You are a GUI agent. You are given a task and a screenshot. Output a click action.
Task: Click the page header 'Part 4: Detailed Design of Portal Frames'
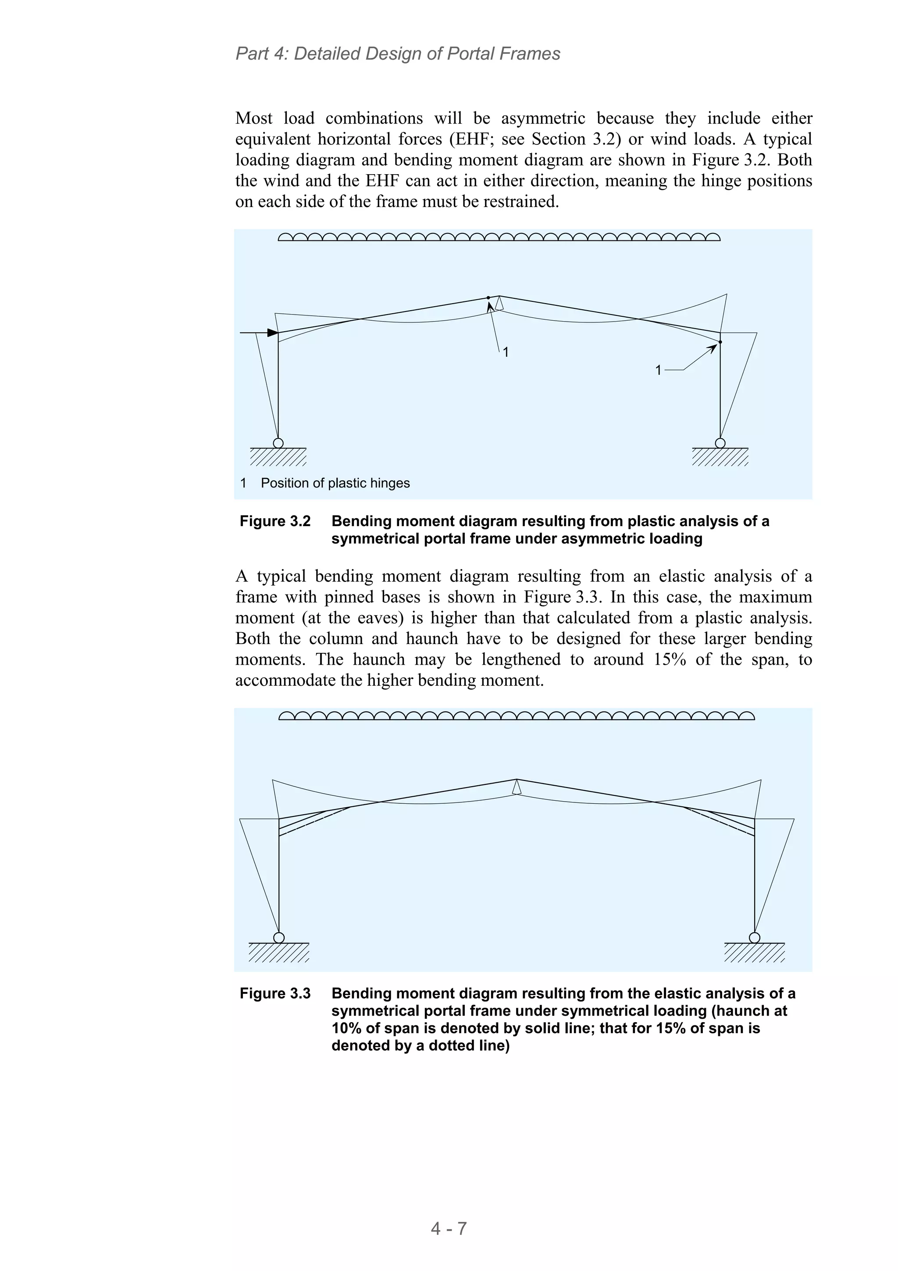click(x=397, y=54)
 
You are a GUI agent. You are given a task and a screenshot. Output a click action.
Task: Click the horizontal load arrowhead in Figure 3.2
click(x=272, y=333)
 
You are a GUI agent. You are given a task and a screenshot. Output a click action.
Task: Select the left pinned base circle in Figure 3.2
click(x=278, y=443)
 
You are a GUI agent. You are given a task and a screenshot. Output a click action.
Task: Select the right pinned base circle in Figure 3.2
click(x=720, y=443)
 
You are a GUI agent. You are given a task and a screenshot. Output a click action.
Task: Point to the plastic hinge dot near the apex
click(x=488, y=298)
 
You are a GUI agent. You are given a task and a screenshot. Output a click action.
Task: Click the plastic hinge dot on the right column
click(x=720, y=342)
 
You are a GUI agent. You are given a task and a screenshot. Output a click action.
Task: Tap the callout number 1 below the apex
click(x=505, y=352)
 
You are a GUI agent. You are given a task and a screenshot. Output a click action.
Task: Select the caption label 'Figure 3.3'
click(x=275, y=993)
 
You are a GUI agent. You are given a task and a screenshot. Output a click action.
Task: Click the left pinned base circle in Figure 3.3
click(x=279, y=937)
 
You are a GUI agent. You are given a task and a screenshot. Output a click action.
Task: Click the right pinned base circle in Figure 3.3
click(x=754, y=937)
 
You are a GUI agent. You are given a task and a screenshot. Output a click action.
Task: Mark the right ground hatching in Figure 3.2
click(x=720, y=457)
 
